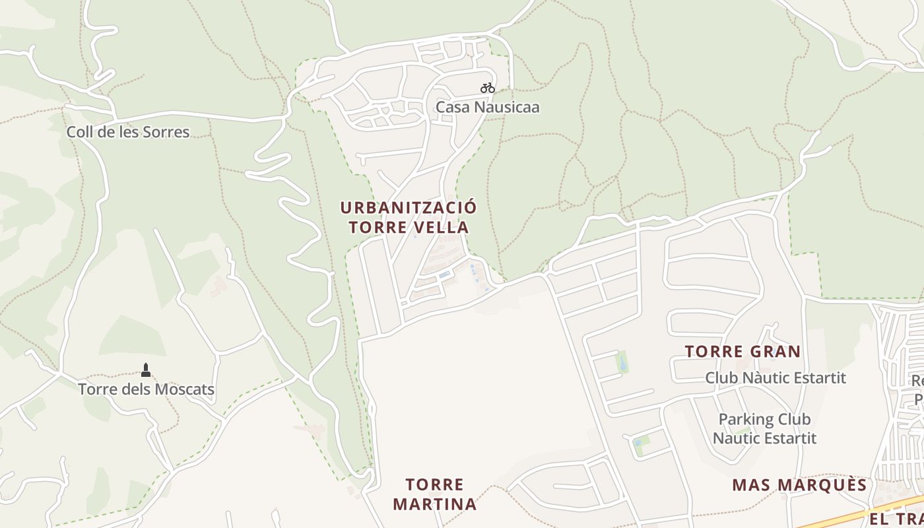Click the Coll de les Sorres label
point(127,132)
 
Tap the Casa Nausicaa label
point(487,107)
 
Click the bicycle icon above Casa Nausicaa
point(488,88)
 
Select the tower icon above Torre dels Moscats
point(146,370)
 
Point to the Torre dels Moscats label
point(146,389)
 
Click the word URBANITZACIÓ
point(408,207)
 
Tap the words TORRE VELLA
point(408,228)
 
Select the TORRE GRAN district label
point(742,352)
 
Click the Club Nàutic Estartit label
point(775,378)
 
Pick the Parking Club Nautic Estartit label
point(764,428)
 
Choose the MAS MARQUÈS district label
point(799,486)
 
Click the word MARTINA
point(434,505)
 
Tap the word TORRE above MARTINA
point(434,485)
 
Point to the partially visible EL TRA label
point(896,519)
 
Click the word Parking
point(745,419)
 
